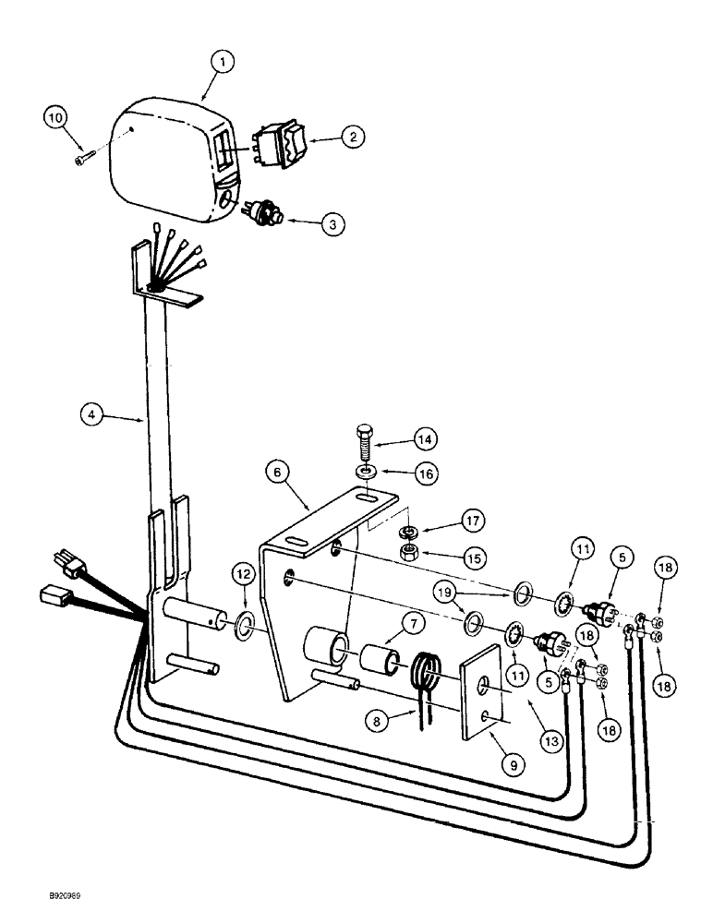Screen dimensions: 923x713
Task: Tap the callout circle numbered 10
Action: [56, 118]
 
